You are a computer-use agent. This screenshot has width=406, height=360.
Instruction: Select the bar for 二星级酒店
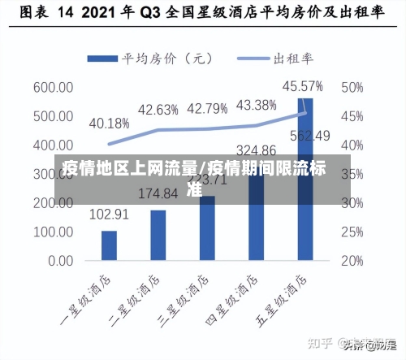coord(158,235)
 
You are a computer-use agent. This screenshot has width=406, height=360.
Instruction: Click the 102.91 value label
coord(109,215)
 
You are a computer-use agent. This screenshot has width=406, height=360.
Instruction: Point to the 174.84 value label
coord(158,194)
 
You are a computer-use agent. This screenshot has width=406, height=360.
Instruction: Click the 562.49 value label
coord(311,136)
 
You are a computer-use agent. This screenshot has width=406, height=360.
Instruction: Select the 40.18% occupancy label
coord(109,124)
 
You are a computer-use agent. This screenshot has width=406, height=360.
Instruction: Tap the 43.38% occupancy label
coord(256,105)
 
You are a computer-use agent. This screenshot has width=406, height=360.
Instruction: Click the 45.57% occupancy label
coord(302,85)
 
